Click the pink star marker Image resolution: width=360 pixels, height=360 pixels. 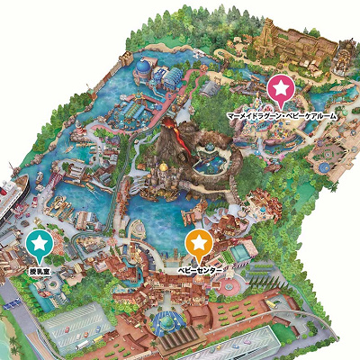282,88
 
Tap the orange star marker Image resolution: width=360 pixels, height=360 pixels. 199,242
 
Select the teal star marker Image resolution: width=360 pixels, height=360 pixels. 39,242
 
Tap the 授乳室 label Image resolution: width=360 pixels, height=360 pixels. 39,270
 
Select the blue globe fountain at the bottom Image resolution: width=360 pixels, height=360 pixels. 166,319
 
